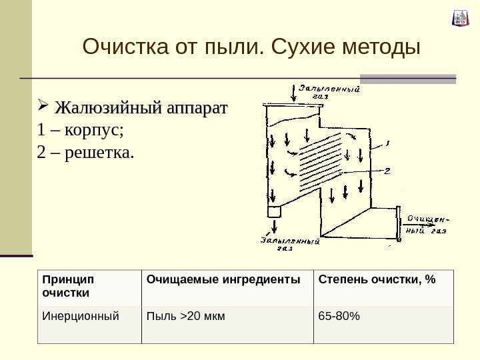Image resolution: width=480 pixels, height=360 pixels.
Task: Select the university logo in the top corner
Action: tap(460, 18)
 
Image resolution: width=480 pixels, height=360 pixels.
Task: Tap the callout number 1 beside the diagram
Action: tap(389, 142)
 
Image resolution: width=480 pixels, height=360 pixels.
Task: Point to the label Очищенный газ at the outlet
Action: tap(427, 225)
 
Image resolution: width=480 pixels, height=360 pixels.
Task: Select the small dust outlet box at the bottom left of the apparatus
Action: tap(273, 211)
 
